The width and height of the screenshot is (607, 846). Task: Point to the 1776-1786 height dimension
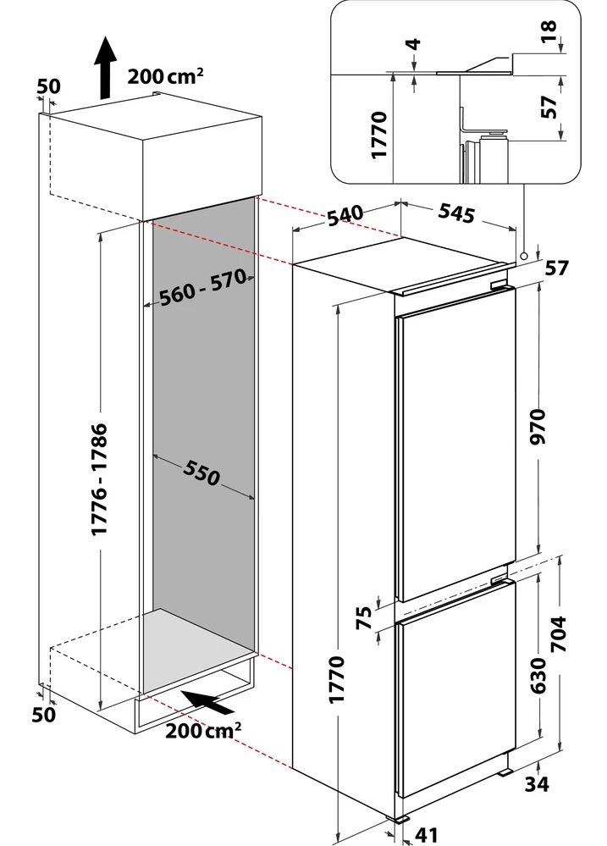pyautogui.click(x=100, y=478)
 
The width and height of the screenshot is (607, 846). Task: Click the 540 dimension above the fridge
pyautogui.click(x=345, y=215)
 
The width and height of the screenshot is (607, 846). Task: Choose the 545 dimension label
pyautogui.click(x=456, y=213)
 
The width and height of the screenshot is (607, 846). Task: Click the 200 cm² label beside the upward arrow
pyautogui.click(x=165, y=75)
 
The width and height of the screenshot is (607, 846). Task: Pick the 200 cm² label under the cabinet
pyautogui.click(x=204, y=727)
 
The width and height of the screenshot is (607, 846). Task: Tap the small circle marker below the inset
pyautogui.click(x=525, y=253)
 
